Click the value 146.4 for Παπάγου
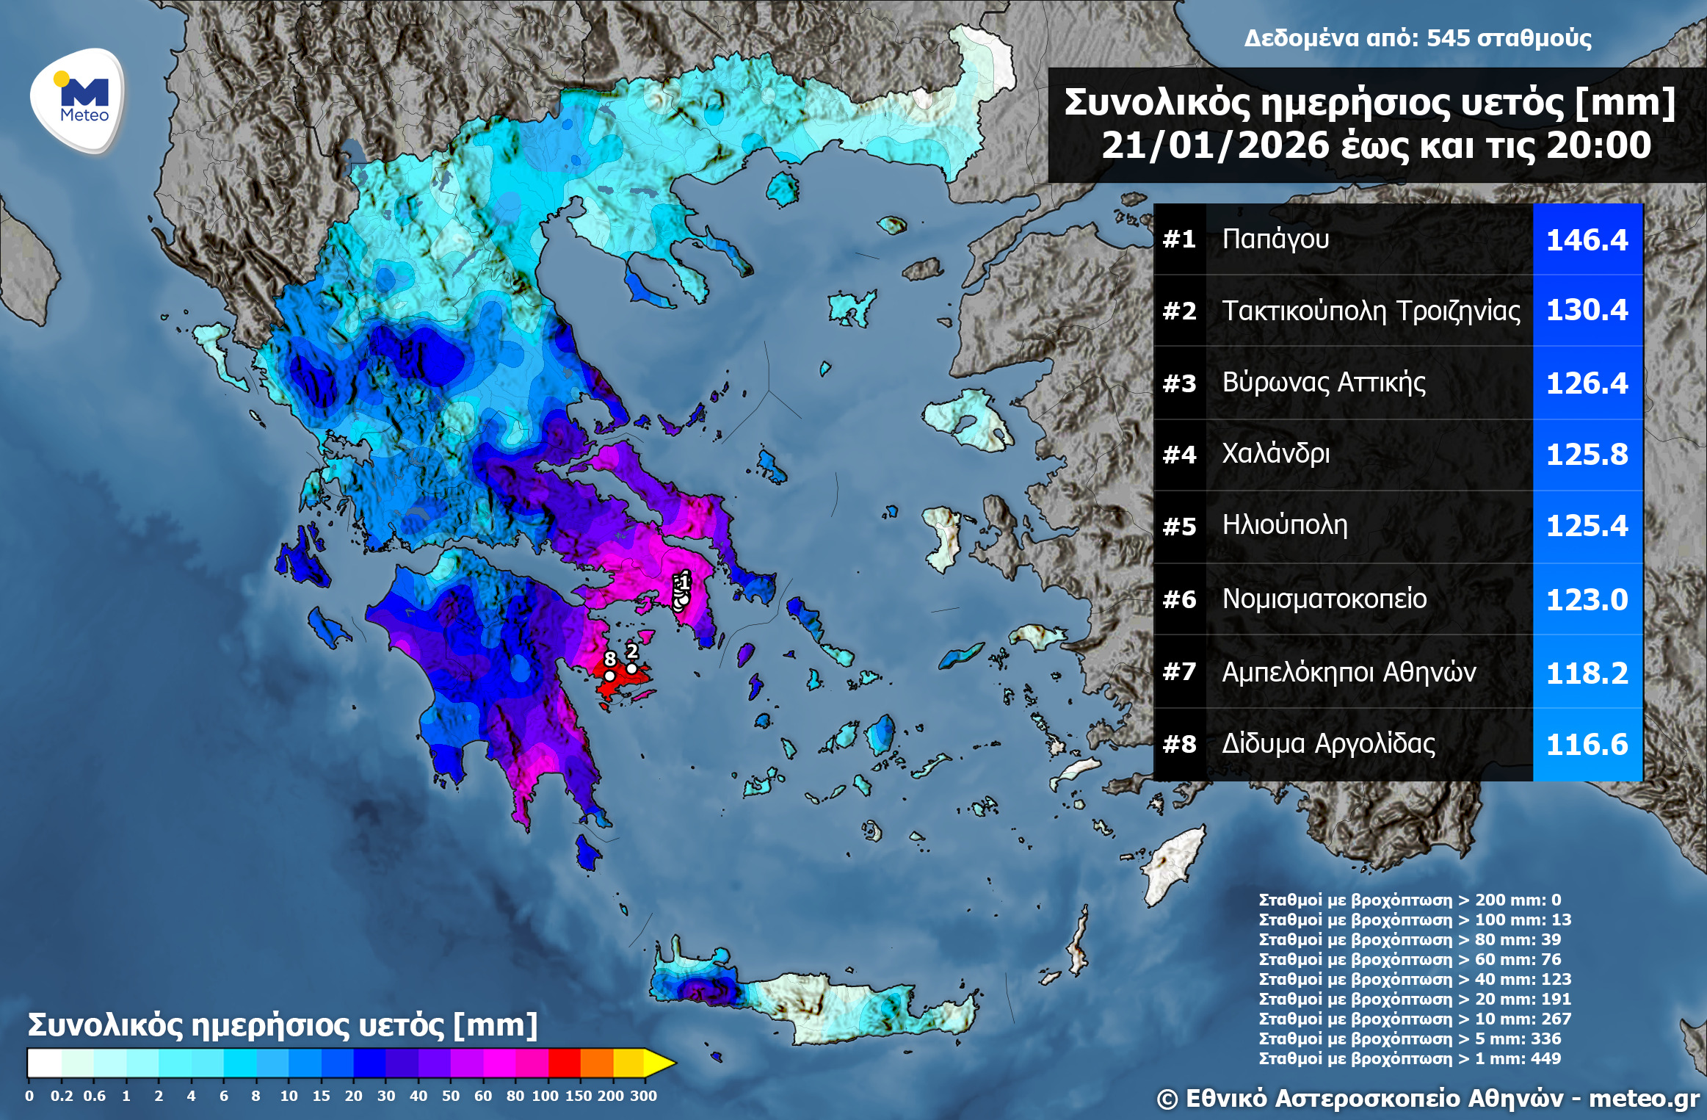click(x=1587, y=240)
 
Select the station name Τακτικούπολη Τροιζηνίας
click(x=1370, y=311)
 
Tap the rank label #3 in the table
click(x=1179, y=383)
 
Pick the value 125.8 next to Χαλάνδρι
click(x=1587, y=455)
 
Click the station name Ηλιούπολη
click(x=1284, y=525)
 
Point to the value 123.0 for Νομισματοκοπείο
click(x=1587, y=600)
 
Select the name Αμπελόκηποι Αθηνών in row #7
click(x=1349, y=672)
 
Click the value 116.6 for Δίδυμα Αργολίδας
click(x=1587, y=745)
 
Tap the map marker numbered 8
click(x=609, y=676)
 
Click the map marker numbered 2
click(x=631, y=668)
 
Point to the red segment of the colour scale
click(x=564, y=1063)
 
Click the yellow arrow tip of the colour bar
click(x=660, y=1063)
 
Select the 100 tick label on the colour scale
click(x=545, y=1096)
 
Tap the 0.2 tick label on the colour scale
click(x=62, y=1096)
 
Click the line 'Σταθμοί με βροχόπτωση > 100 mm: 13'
click(x=1415, y=920)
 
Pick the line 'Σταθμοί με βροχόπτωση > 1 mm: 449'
click(x=1410, y=1058)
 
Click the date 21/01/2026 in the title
click(x=1214, y=145)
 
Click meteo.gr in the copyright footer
click(x=1644, y=1099)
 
